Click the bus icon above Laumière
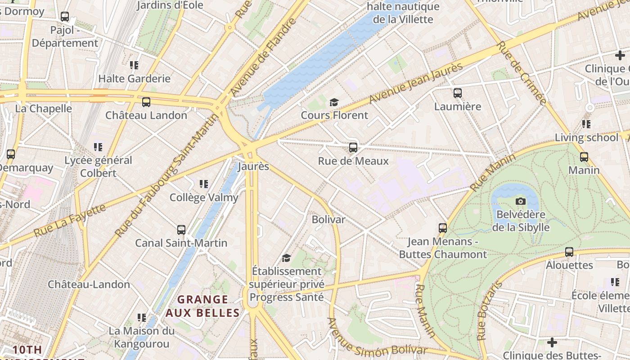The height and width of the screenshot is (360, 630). [458, 93]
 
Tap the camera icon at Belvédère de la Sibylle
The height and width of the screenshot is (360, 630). [521, 201]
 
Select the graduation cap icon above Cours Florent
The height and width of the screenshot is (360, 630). [334, 102]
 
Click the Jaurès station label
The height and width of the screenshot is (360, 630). [253, 166]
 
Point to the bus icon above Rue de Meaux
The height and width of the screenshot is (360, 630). [353, 148]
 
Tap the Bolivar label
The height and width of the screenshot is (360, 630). [328, 220]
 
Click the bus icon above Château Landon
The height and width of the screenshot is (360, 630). [146, 102]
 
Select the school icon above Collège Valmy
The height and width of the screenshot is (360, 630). [204, 184]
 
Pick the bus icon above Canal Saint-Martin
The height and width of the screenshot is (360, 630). [181, 230]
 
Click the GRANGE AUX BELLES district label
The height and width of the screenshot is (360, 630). [202, 306]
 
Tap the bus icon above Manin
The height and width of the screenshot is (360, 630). [584, 157]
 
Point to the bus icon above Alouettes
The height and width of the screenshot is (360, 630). [569, 252]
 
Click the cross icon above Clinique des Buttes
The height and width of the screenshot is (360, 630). [552, 342]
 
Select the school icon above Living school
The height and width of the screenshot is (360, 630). [586, 124]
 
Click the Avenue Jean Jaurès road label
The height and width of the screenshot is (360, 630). [416, 83]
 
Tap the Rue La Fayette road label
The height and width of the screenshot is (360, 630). [70, 220]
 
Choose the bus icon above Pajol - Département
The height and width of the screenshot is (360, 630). [65, 17]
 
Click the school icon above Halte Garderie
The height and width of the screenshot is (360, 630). [134, 65]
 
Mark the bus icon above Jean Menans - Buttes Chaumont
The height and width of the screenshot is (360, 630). [443, 228]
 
